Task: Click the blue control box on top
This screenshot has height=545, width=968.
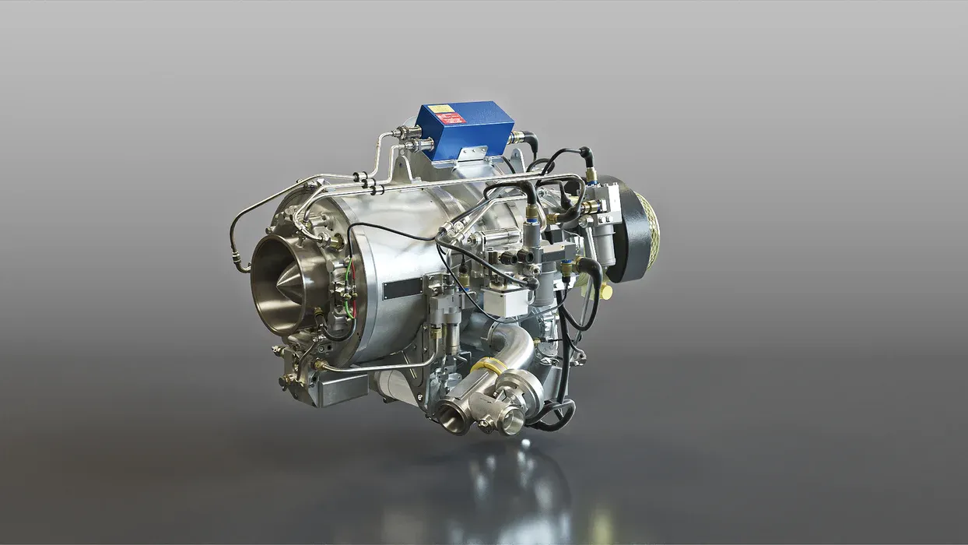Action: (465, 128)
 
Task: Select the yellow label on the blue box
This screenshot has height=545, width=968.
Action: (440, 109)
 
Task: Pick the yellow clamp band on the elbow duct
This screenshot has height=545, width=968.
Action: (488, 366)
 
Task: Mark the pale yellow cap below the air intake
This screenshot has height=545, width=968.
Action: (605, 291)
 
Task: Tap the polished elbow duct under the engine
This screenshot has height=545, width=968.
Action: (514, 347)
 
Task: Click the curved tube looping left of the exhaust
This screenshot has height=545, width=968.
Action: (237, 234)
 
